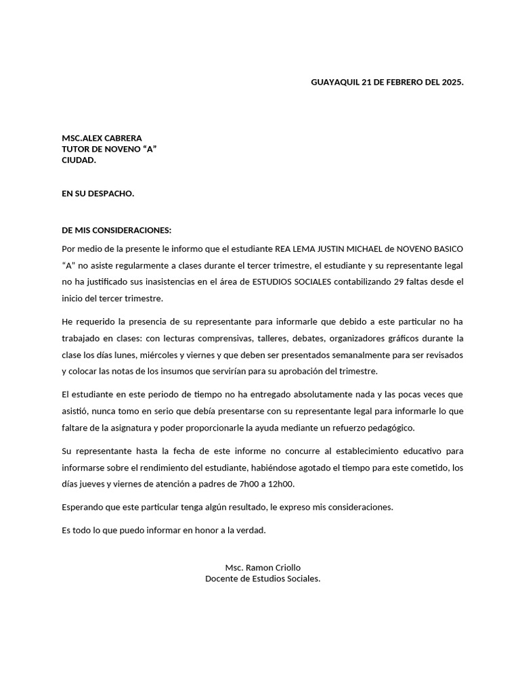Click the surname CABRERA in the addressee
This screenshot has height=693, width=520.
click(121, 137)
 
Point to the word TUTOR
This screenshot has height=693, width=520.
click(77, 149)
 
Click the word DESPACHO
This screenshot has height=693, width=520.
click(111, 194)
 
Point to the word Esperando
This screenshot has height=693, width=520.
click(83, 507)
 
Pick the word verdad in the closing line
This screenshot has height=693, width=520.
click(251, 530)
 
